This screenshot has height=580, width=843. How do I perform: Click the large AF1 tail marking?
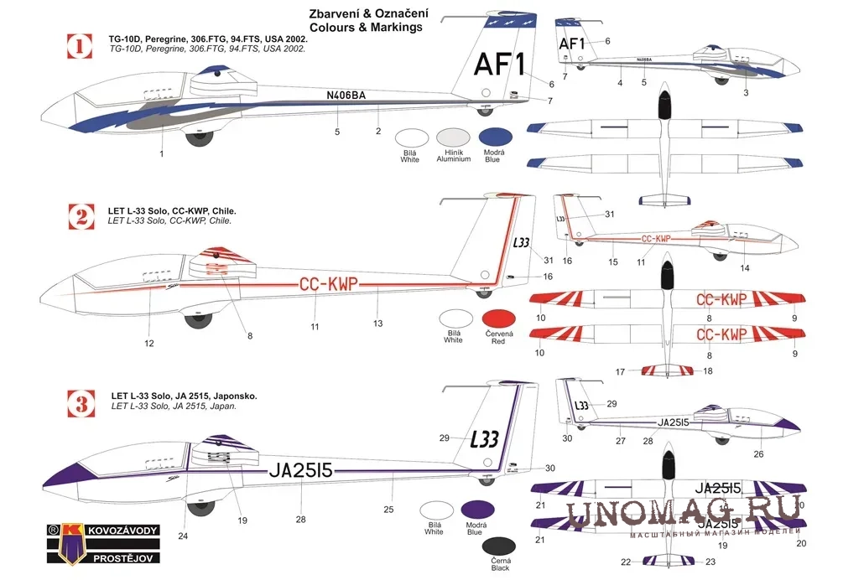[x=497, y=64]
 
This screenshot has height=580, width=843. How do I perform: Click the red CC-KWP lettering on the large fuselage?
[x=329, y=285]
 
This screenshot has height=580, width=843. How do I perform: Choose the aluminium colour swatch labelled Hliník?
[x=454, y=138]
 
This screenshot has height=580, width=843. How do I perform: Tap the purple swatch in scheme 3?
[x=476, y=510]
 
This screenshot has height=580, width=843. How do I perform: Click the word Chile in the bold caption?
[x=225, y=210]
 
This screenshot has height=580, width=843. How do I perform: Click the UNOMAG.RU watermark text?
[x=684, y=513]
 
